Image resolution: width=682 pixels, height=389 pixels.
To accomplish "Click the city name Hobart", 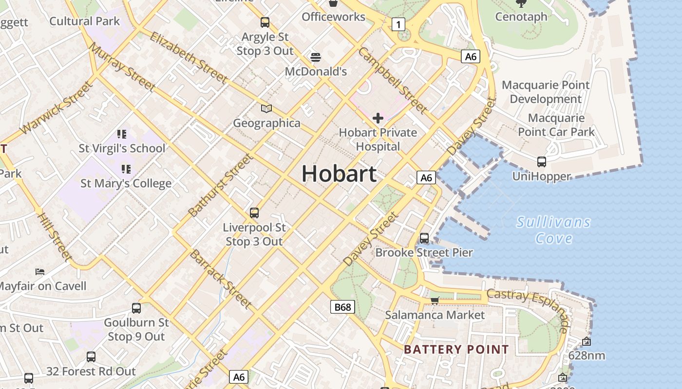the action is pos(339,174).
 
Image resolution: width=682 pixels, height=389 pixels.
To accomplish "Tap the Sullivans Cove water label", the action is pos(553,230).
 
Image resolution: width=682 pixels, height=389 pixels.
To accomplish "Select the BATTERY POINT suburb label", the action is pos(456,349).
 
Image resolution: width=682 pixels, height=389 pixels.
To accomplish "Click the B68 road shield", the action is pos(342,307).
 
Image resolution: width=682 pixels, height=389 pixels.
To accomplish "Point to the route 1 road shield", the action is pos(398,24).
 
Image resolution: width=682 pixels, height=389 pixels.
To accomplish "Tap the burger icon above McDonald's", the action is pos(315,57).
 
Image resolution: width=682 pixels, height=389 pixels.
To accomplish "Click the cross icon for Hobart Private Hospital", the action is pos(378,118).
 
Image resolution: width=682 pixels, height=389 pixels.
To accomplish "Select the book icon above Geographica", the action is pos(266,108).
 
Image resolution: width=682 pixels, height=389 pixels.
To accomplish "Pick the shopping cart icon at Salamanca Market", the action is pos(435,301).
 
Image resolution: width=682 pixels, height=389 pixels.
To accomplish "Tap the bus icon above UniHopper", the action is pos(541,162).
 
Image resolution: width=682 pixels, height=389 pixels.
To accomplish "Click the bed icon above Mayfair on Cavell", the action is pos(40,271).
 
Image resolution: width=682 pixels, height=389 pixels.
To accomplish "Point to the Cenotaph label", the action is pos(521,17).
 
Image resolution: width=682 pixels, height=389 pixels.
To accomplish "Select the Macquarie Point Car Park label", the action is pos(556,125).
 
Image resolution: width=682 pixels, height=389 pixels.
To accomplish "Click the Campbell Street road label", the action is pos(393,81).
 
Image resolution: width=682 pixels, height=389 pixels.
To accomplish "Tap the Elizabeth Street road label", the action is pos(189,57).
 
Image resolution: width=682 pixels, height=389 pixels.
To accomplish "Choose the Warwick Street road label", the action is pos(57,108).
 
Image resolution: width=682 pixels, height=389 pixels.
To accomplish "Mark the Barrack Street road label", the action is pos(221,279).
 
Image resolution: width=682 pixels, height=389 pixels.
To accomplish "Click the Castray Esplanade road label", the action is pos(529,307).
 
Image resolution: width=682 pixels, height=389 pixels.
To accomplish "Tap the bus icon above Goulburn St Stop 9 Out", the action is pos(136,308).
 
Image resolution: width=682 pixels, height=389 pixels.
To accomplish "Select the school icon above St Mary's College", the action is pos(126,169).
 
